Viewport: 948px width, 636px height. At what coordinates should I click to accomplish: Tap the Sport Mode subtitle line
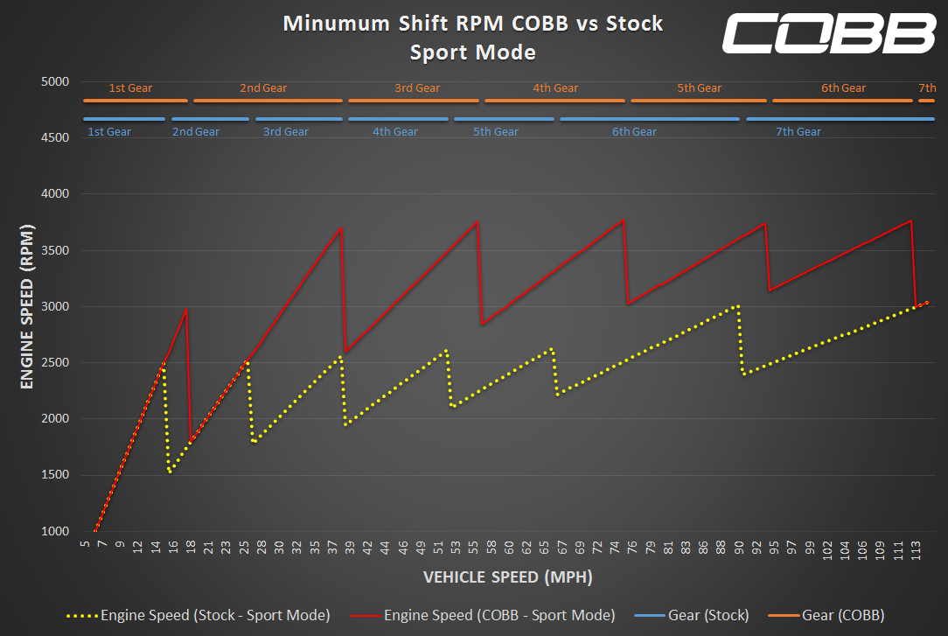(x=473, y=52)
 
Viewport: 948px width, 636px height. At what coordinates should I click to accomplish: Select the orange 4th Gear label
(x=555, y=88)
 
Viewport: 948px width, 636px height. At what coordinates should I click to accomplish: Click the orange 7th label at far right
(x=927, y=88)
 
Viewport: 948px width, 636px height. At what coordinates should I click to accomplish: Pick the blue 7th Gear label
(x=798, y=132)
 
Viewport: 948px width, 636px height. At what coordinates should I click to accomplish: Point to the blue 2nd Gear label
(x=196, y=132)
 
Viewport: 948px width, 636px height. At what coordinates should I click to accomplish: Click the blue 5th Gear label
(x=496, y=132)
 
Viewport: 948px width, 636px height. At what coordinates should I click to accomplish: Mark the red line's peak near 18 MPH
(x=185, y=310)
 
